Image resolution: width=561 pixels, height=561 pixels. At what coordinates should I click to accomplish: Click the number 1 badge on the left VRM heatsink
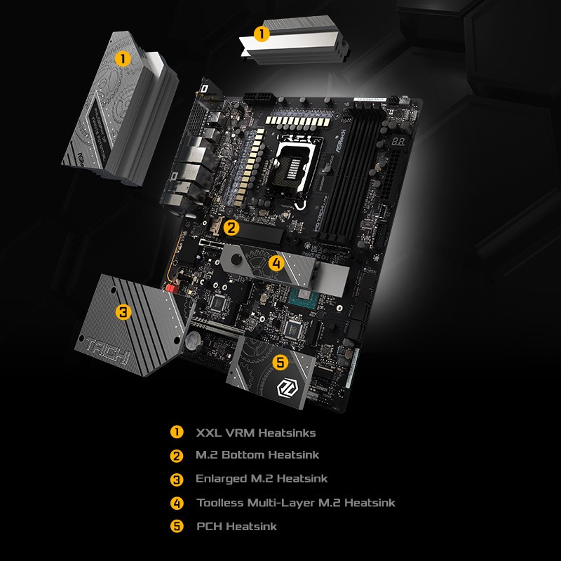tap(123, 59)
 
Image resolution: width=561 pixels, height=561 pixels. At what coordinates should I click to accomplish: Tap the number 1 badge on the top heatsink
tap(261, 34)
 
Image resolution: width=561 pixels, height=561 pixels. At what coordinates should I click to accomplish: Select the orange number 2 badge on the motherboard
tap(232, 227)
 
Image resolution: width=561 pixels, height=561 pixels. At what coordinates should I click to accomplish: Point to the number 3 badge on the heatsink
tap(123, 313)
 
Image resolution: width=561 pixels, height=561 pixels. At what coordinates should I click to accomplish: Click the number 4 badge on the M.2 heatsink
tap(276, 264)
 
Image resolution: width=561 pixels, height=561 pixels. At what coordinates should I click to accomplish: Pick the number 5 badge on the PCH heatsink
tap(280, 363)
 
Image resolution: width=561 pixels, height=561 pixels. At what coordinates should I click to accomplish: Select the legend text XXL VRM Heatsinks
tap(255, 433)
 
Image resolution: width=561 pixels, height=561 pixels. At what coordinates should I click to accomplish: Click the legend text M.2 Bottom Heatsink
tap(257, 455)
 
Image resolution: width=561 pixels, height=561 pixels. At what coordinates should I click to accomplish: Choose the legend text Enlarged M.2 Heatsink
tap(262, 479)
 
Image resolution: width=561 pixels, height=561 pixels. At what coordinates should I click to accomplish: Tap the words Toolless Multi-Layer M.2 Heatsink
tap(296, 503)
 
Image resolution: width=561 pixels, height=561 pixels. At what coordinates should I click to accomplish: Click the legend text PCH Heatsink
tap(237, 527)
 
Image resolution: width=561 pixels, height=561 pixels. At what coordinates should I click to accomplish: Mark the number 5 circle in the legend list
tap(177, 526)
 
